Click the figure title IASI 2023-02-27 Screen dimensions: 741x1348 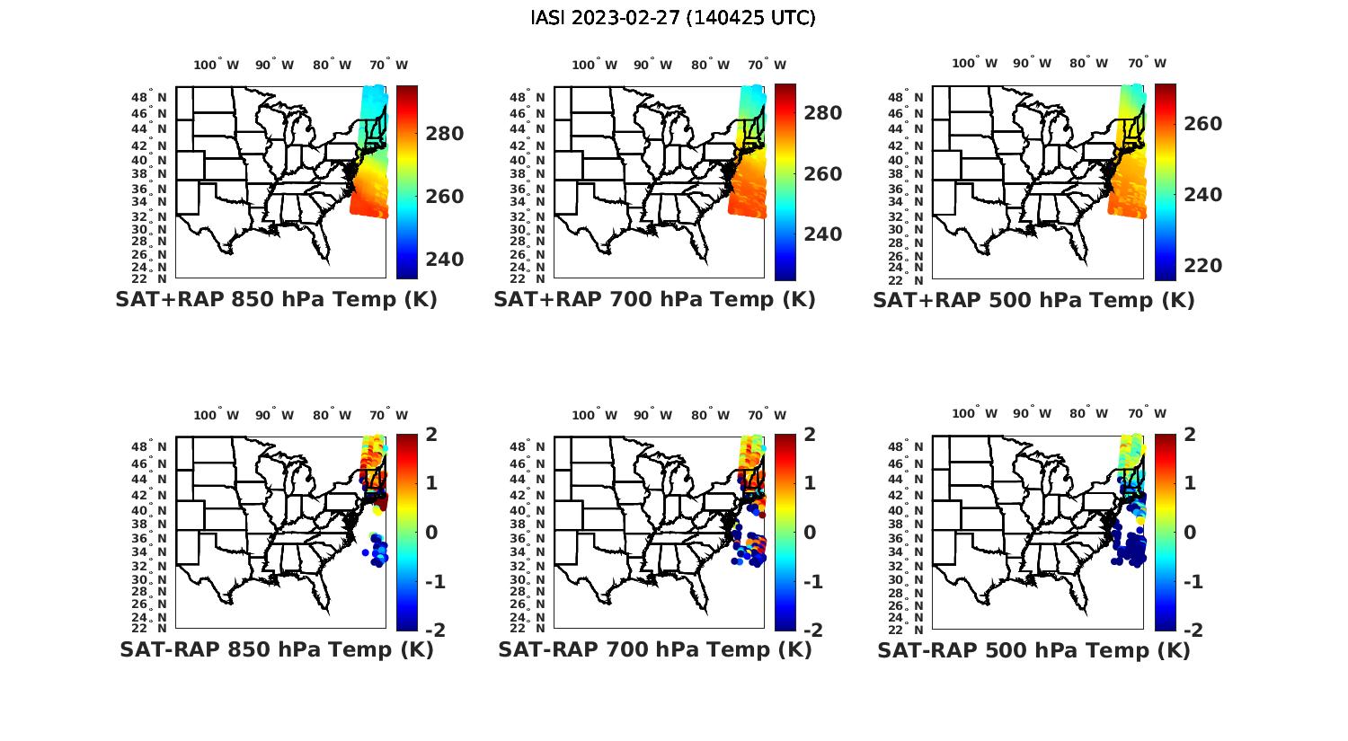tap(673, 18)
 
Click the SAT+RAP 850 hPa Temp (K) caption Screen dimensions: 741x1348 tap(276, 300)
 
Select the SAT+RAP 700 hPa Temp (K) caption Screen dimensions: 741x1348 tap(654, 300)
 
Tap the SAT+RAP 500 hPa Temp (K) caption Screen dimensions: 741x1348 tap(1033, 301)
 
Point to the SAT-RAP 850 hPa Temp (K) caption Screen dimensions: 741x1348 tap(276, 649)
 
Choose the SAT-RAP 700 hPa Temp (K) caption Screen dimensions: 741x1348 tap(654, 649)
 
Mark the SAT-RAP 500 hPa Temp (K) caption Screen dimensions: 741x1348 tap(1033, 650)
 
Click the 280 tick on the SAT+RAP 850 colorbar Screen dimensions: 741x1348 tap(444, 134)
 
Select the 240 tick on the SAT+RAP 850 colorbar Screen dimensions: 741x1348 tap(444, 260)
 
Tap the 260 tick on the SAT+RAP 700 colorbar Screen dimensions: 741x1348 tap(822, 174)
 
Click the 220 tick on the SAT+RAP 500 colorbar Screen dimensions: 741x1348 tap(1202, 266)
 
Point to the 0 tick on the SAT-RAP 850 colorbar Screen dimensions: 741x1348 tap(431, 532)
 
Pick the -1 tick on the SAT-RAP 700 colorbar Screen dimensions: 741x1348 tap(806, 582)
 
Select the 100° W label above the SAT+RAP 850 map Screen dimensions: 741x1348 tap(217, 65)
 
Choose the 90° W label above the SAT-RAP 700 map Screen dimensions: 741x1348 tap(652, 415)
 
